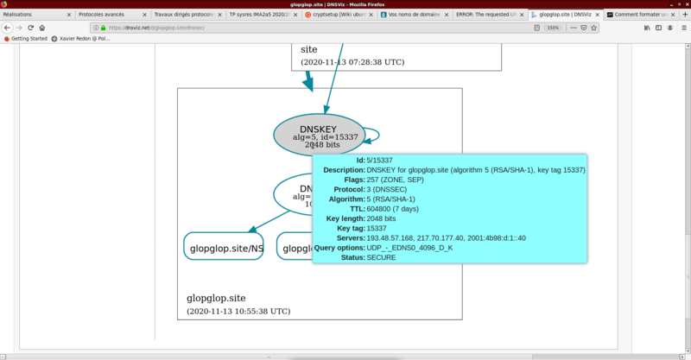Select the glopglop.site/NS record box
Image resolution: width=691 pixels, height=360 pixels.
224,249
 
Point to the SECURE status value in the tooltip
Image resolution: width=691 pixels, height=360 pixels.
382,257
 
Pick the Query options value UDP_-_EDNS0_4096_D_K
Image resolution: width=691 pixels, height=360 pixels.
409,248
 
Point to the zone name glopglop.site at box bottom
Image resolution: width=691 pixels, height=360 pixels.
222,297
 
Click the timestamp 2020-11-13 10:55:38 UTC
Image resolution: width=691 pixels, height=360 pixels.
238,311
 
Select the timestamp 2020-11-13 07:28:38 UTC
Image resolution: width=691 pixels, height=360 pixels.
352,62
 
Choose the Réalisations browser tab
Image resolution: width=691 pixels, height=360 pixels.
35,16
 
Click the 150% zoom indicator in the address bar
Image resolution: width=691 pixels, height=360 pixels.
553,27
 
